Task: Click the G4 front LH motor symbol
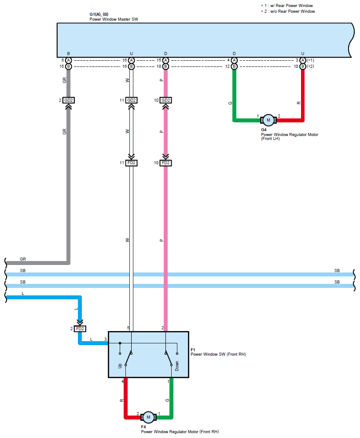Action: click(x=268, y=120)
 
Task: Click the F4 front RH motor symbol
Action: click(x=148, y=417)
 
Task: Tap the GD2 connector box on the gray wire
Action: click(x=68, y=100)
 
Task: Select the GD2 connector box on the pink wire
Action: click(x=165, y=100)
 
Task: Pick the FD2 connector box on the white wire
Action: click(x=131, y=162)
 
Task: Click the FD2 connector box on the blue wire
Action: click(x=80, y=328)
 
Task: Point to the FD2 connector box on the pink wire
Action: click(x=165, y=162)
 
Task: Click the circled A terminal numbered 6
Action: click(x=68, y=60)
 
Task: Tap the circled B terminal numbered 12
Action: click(x=234, y=66)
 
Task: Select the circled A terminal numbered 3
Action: click(x=302, y=60)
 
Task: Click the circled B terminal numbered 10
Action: click(x=302, y=66)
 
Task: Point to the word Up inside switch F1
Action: click(x=120, y=366)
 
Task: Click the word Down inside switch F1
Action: click(x=177, y=366)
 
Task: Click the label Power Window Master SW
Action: click(x=114, y=19)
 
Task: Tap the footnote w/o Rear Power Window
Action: click(x=292, y=11)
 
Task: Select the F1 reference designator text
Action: click(x=193, y=350)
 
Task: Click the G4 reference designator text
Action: click(x=264, y=129)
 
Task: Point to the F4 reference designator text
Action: click(x=143, y=427)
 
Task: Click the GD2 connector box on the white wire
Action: click(x=131, y=100)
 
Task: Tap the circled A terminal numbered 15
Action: click(x=165, y=60)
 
